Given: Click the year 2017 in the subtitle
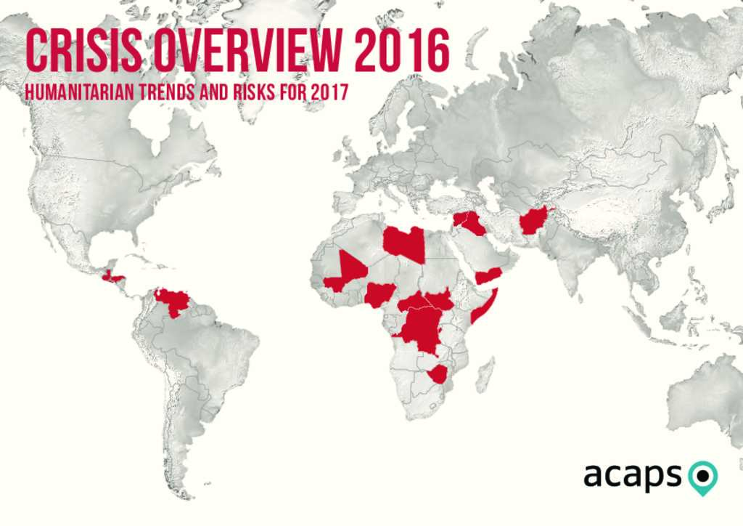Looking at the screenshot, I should pos(329,93).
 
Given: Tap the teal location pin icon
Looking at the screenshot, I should pos(702,477).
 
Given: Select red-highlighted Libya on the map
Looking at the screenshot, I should pos(404,243).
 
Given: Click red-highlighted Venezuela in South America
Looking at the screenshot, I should pos(172,300).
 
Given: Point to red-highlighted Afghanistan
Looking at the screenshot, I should pos(534,219).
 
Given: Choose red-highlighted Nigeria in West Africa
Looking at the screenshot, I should pos(379,294).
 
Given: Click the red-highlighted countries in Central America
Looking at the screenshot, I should pos(112,277).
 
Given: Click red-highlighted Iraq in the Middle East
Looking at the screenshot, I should pos(472,224).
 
